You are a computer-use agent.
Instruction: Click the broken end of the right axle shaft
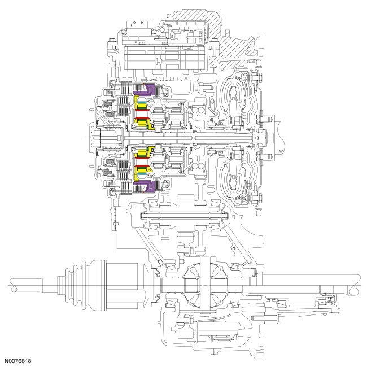click(357, 282)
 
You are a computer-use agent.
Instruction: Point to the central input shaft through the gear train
click(169, 139)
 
